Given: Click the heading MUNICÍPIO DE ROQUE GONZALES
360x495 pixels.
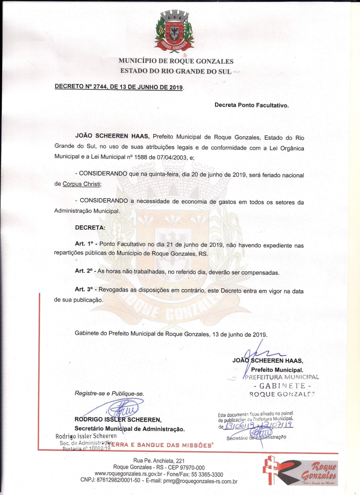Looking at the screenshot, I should [x=176, y=61].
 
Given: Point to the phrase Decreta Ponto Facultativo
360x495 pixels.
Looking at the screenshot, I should [x=251, y=105].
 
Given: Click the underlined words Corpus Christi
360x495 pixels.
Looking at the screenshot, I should [x=82, y=184].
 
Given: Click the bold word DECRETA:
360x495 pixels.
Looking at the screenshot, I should [x=90, y=228].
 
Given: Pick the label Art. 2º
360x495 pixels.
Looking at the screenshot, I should [x=84, y=272].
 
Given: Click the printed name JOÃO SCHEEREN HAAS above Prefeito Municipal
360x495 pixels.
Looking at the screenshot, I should [x=268, y=361].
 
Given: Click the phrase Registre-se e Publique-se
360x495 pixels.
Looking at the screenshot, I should [x=109, y=393].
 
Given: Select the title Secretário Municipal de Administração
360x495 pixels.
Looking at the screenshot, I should [x=129, y=428].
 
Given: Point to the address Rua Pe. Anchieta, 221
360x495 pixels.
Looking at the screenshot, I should [x=159, y=461].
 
